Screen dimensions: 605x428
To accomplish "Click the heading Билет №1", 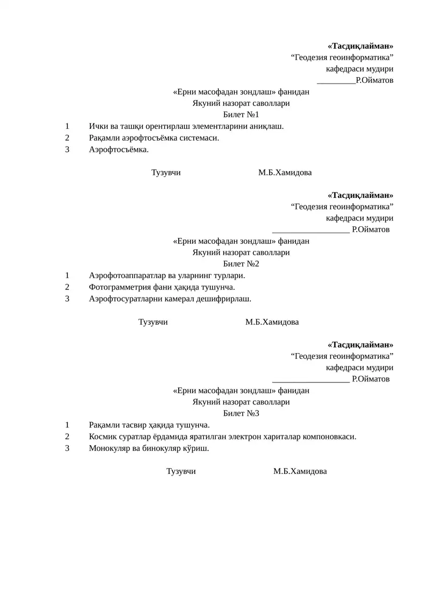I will [x=241, y=115].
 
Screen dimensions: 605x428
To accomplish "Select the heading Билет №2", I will [x=241, y=264].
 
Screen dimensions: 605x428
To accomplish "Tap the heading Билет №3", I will [x=241, y=413].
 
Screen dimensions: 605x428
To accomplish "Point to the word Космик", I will [x=102, y=436].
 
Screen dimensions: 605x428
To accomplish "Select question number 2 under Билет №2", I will [x=67, y=287].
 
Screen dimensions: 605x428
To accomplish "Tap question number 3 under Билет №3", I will [x=67, y=448].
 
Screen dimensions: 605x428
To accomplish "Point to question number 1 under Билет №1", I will [x=67, y=126].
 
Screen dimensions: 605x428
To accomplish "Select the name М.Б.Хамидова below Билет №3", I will [x=300, y=471].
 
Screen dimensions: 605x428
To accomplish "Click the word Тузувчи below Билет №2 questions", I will [x=153, y=322].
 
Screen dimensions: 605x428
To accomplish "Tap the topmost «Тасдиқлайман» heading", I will [x=360, y=45].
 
